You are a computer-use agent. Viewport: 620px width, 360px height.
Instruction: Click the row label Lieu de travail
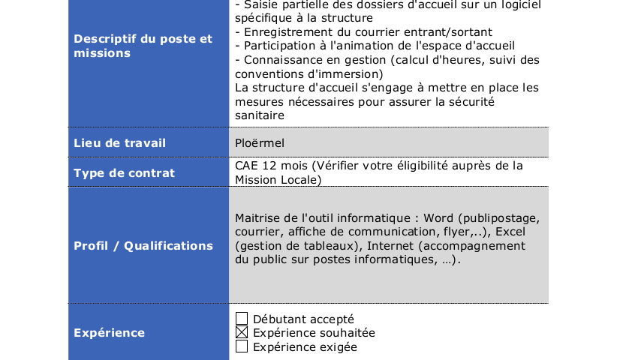point(119,142)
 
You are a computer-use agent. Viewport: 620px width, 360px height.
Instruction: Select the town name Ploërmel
point(260,142)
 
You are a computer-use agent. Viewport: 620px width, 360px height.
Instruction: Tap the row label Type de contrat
point(124,173)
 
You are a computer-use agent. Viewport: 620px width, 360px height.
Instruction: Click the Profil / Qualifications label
point(143,246)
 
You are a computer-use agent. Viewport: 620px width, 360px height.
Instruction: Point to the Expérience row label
point(110,333)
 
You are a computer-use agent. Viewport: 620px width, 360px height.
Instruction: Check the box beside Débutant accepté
point(242,319)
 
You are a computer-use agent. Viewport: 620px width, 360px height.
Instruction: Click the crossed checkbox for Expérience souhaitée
point(242,333)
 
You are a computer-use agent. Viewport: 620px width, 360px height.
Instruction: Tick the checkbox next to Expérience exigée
point(242,346)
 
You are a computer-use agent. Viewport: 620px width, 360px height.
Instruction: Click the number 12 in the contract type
point(269,166)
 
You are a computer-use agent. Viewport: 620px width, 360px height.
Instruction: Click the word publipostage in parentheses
point(502,218)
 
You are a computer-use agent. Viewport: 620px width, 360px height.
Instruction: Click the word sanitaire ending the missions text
point(260,115)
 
